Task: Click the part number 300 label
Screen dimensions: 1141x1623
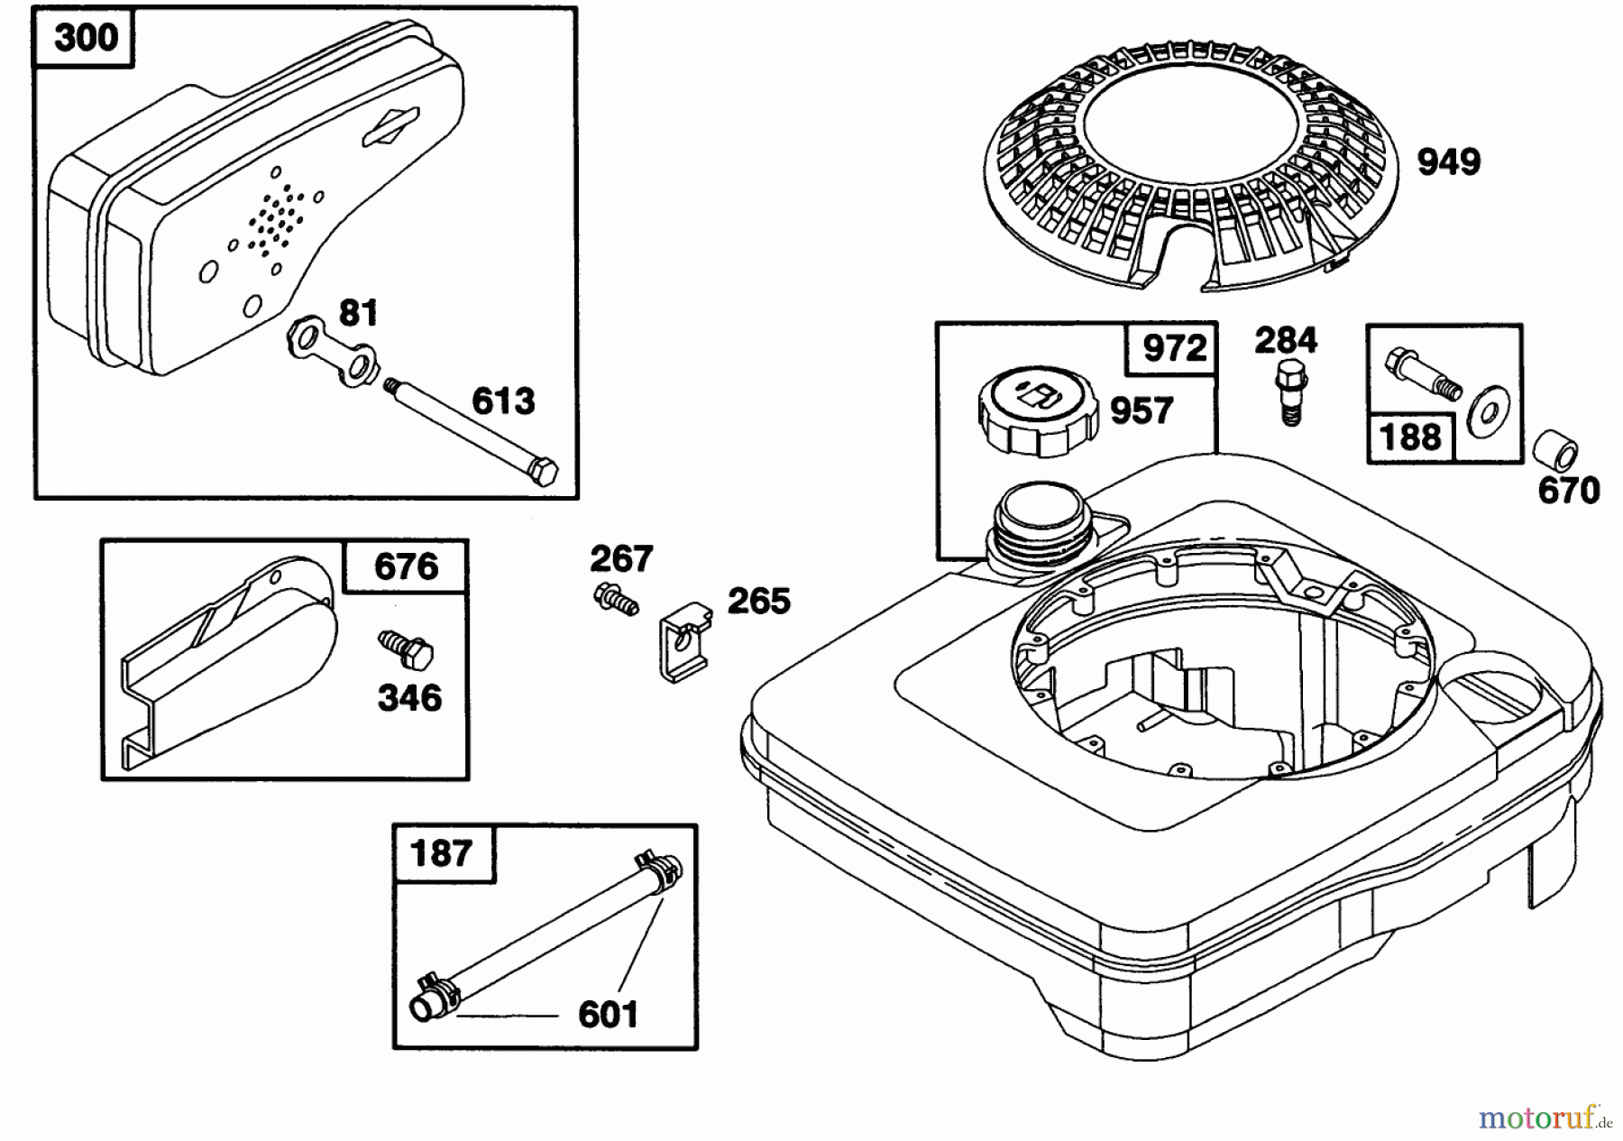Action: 85,38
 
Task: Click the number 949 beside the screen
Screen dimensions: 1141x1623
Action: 1449,162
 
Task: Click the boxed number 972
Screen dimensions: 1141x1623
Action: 1173,348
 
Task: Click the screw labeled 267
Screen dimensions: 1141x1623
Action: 616,598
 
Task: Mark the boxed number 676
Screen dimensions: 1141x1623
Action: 406,567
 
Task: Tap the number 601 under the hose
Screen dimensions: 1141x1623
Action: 608,1015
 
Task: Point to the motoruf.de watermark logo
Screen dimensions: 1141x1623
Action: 1545,1118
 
